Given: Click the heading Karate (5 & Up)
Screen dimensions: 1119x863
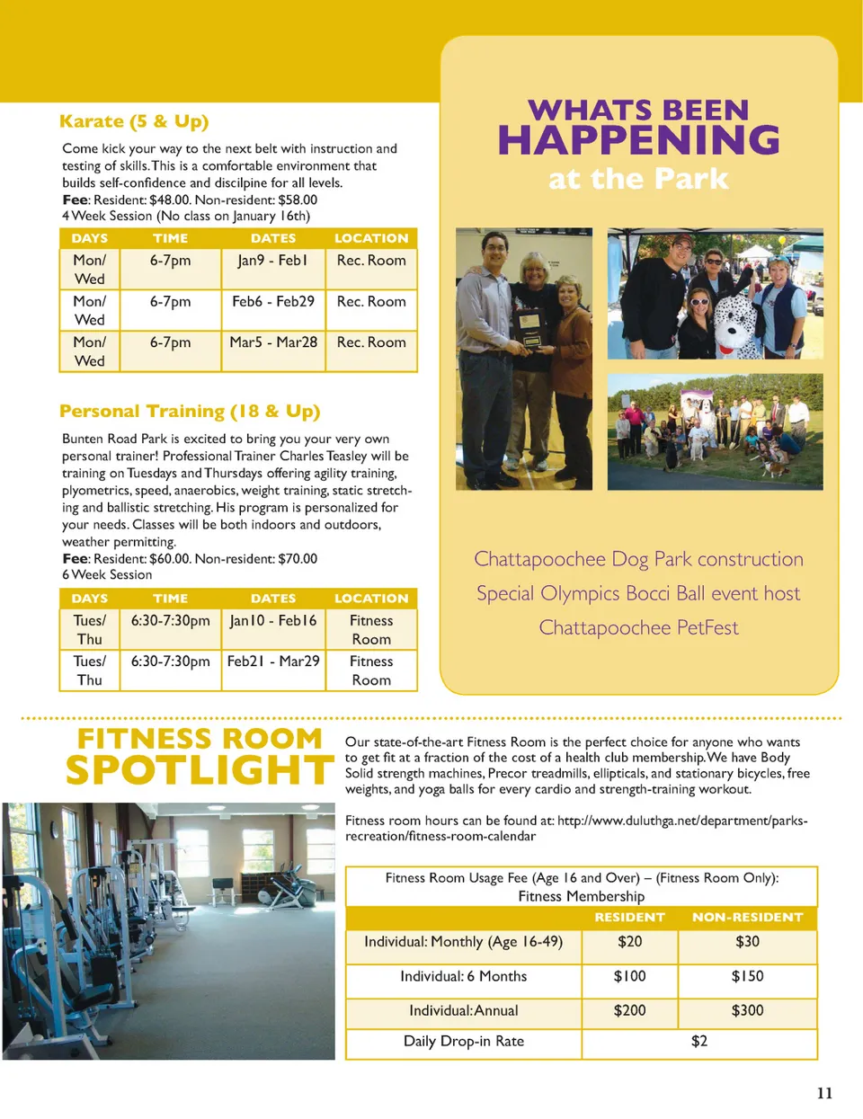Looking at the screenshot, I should [133, 121].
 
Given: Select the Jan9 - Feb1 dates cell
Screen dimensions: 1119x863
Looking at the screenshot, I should [272, 261].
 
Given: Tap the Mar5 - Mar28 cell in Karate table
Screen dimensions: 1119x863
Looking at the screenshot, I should [273, 342].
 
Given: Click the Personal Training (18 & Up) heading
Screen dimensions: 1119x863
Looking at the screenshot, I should [190, 412].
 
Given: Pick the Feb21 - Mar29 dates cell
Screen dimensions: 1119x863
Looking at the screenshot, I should [273, 662].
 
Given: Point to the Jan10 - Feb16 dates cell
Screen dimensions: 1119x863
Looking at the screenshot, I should [273, 621].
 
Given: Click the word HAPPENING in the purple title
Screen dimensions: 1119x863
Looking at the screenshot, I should [638, 140].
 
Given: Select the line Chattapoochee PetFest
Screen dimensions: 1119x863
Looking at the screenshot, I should [638, 627].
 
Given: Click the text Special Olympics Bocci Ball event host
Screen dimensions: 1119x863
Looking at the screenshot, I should [638, 593].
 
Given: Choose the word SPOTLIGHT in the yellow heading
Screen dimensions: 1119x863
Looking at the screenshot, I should [200, 770].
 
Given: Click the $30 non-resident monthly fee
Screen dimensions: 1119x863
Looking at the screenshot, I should [747, 942].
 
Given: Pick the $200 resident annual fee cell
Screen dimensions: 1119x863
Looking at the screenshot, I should [629, 1010].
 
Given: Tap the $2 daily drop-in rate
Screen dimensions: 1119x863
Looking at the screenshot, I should [698, 1041].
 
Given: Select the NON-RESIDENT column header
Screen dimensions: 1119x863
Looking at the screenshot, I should [747, 918].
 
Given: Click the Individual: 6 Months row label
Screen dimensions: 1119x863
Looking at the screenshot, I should [463, 976].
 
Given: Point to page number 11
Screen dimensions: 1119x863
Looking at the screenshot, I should [824, 1093].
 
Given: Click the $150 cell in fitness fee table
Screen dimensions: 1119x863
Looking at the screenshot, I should [747, 976].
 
